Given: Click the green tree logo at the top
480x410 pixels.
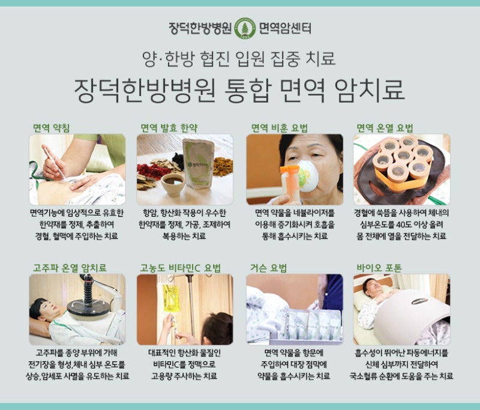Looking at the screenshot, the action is click(245, 28).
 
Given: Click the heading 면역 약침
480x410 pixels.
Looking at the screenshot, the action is click(52, 128).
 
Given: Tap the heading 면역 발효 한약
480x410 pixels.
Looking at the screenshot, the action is click(169, 128).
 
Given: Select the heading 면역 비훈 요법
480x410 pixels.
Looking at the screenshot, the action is click(280, 128).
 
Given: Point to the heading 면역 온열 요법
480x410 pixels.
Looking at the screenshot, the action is click(385, 128).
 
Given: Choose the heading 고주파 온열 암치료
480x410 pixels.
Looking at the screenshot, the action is click(70, 268).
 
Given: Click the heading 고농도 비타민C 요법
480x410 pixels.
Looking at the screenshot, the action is click(181, 268).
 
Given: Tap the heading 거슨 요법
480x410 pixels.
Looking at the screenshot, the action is click(268, 268).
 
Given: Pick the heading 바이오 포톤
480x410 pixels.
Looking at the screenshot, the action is click(379, 268).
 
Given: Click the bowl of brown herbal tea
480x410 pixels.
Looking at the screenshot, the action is click(173, 184).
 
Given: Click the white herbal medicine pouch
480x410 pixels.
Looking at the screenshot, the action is click(199, 163).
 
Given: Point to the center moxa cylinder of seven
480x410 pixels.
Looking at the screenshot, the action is click(403, 155).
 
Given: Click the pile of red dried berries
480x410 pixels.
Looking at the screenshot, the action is click(152, 172).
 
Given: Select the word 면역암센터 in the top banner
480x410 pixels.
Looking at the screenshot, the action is click(285, 28).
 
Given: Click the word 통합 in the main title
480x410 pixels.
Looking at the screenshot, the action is click(248, 90).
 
